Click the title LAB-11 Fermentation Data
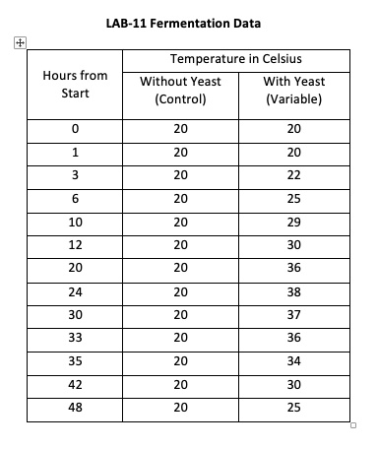click(190, 20)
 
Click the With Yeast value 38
click(296, 292)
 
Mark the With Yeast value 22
click(296, 174)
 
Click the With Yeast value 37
click(296, 315)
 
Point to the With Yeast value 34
click(296, 360)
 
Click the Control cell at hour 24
click(179, 292)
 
